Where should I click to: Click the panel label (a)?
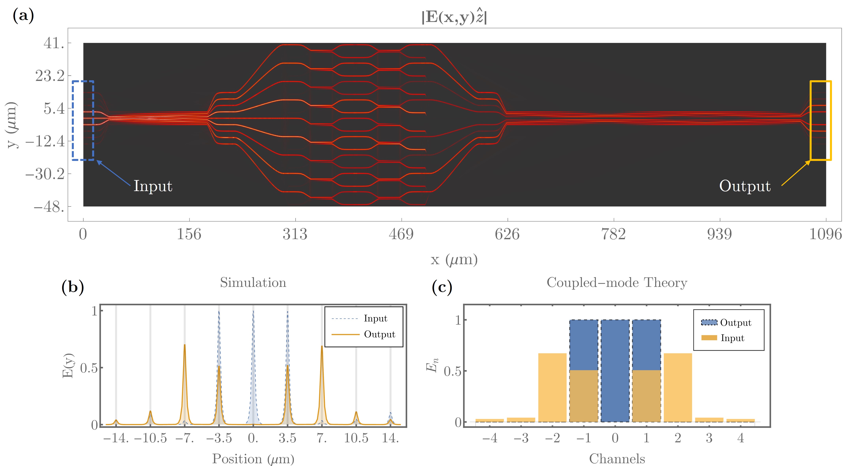coord(23,15)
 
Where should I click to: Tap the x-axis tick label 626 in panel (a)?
coord(507,234)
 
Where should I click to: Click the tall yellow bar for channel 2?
coord(678,388)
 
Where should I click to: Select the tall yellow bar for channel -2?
coord(552,388)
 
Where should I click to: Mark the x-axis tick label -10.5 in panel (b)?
coord(150,438)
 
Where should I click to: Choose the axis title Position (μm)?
coord(253,459)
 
